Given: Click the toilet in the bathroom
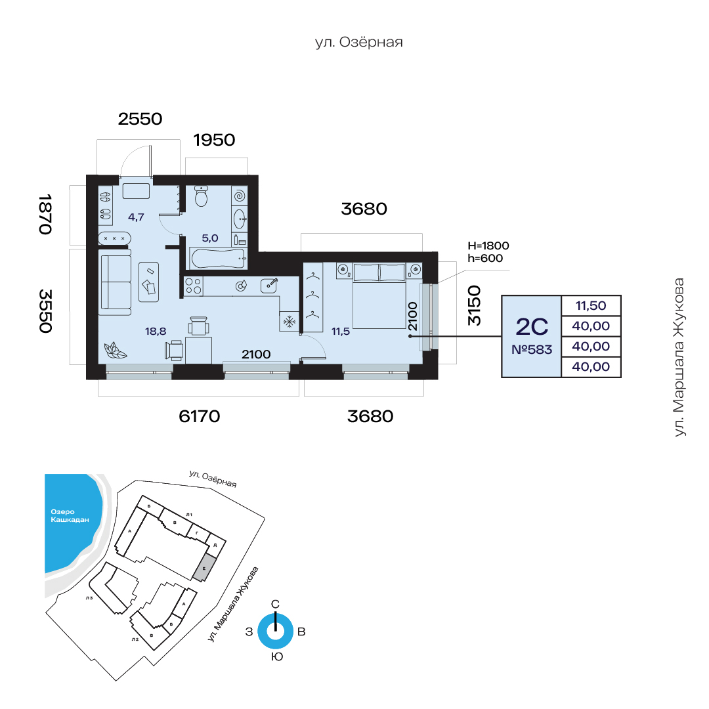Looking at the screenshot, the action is pos(202,196).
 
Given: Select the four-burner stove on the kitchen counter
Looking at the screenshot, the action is pos(194,286).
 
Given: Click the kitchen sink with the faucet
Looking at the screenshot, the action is pos(269,286).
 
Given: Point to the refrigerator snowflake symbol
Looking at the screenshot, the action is pos(289,322).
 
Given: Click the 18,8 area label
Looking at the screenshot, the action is pos(156,332).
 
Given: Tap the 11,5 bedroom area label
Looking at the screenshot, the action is pos(341,332).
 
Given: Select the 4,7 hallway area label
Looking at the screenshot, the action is pos(136,217).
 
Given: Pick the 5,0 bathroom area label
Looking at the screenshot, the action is pos(210,238).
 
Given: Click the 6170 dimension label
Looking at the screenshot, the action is pos(200,416).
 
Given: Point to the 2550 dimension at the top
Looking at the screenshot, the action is pos(140,119).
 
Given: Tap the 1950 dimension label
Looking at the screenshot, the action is pos(214,140).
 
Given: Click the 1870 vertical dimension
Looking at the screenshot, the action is pos(45,214).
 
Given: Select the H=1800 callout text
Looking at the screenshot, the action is pos(488,246).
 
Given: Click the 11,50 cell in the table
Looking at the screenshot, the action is pos(591,306).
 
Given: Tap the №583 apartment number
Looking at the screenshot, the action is pos(532,349).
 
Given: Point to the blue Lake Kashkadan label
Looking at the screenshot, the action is pos(70,515).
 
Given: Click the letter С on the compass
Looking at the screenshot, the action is pos(275,604).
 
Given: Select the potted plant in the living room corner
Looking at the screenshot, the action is pos(115,351).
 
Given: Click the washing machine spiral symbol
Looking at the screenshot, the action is pos(240,196).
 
